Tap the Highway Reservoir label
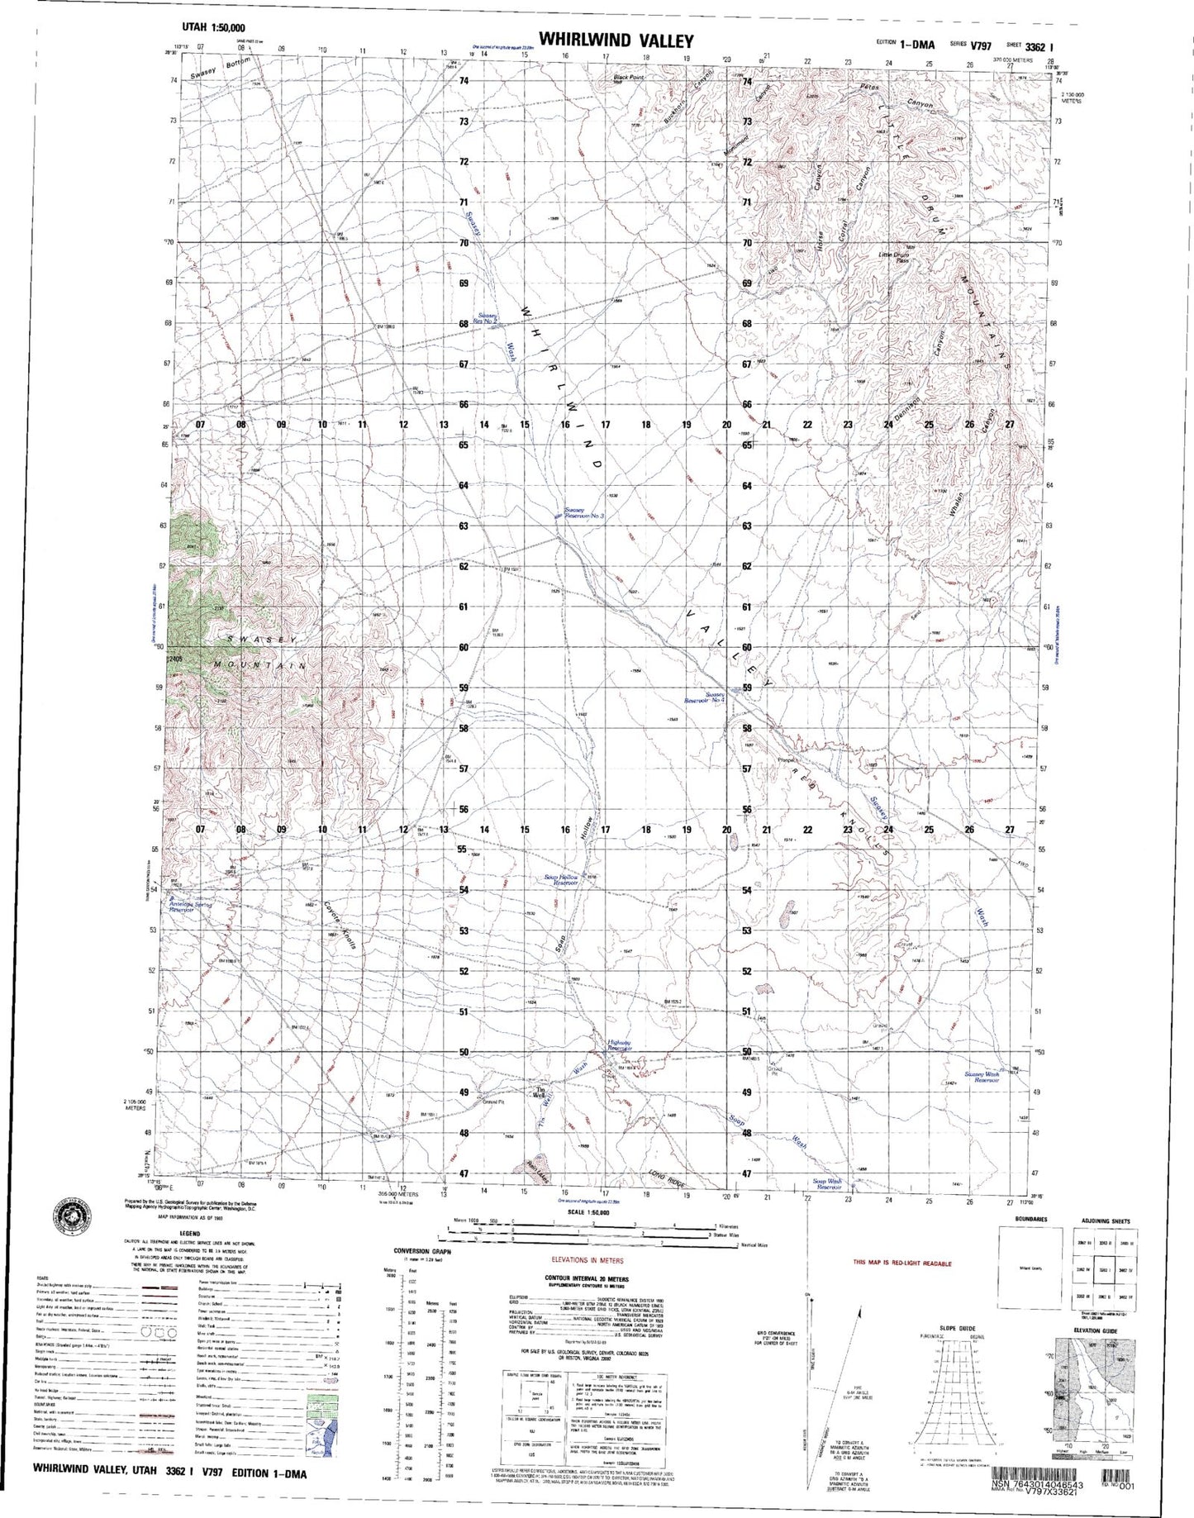[620, 1045]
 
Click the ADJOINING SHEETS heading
[1106, 1221]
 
